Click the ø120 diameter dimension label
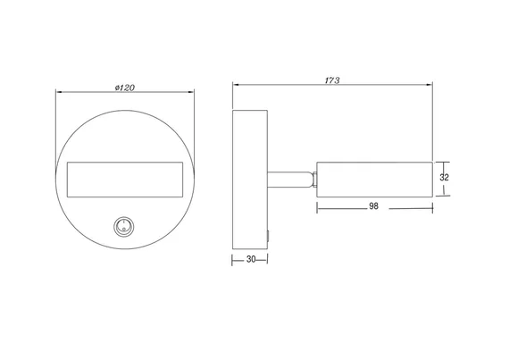click(x=125, y=88)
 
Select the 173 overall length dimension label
click(x=332, y=80)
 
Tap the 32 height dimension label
click(x=444, y=177)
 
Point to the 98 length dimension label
click(x=373, y=206)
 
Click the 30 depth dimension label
click(x=251, y=259)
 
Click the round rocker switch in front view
click(x=124, y=226)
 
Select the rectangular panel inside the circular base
click(x=125, y=180)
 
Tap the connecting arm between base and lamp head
click(x=288, y=180)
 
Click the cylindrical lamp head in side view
click(x=375, y=180)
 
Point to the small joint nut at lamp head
click(x=313, y=180)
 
